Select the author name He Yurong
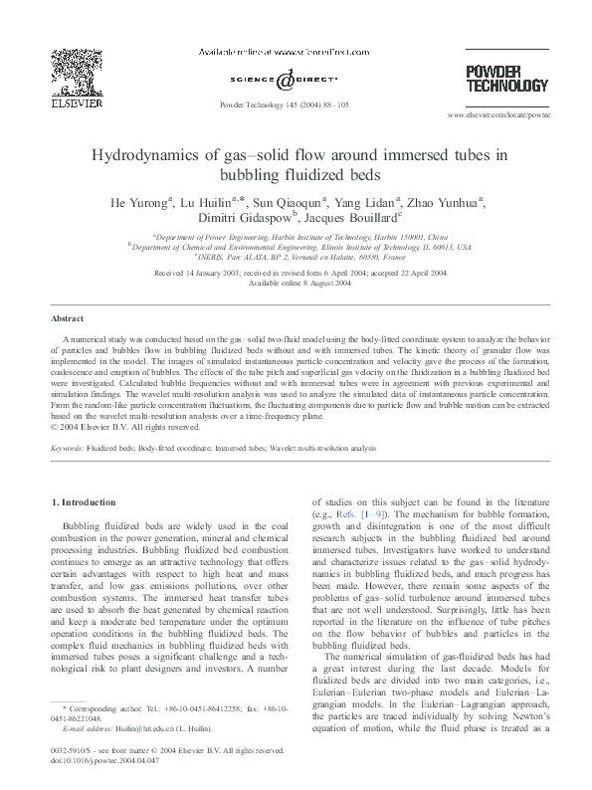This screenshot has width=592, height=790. click(139, 202)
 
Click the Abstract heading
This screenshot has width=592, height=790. click(67, 319)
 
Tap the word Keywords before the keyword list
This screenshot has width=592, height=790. click(68, 450)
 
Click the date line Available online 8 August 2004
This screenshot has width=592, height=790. click(296, 283)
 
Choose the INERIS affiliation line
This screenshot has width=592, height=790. click(296, 257)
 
